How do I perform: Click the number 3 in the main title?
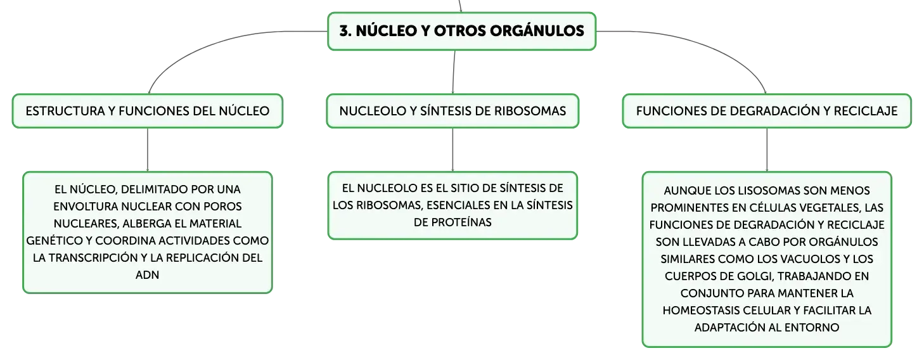[x=345, y=31]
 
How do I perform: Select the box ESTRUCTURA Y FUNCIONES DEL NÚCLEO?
[x=148, y=111]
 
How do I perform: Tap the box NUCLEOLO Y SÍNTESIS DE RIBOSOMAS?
[x=452, y=111]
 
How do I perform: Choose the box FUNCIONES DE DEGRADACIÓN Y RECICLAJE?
[x=767, y=111]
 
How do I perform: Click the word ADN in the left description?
[x=147, y=275]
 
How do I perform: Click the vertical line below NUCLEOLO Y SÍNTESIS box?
[x=452, y=150]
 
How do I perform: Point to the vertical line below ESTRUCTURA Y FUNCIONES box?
[x=148, y=150]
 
